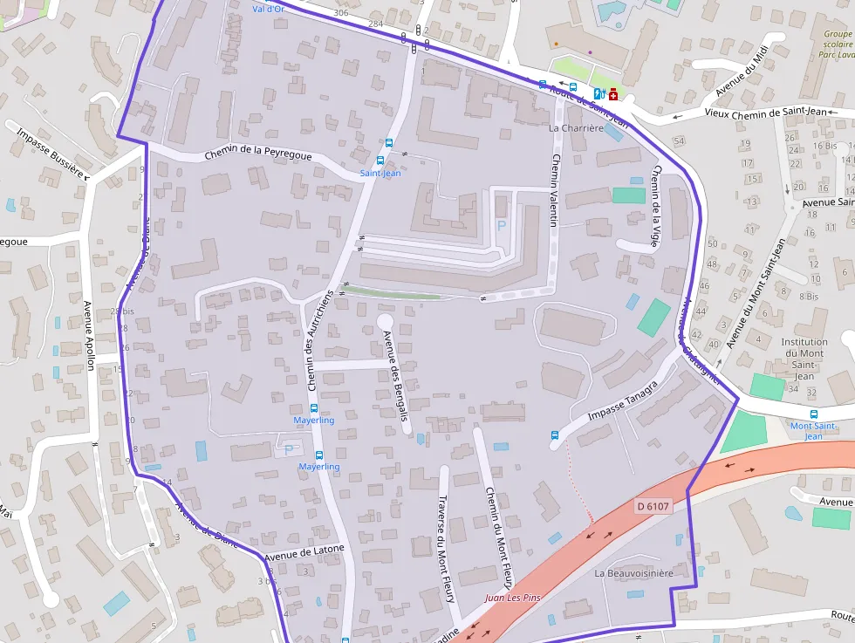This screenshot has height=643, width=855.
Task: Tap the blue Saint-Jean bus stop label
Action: click(380, 174)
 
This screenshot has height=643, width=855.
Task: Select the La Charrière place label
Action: click(576, 127)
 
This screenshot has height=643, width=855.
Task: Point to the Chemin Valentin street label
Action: click(553, 191)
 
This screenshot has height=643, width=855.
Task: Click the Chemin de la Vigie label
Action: click(657, 207)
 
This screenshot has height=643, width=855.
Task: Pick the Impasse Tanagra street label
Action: click(622, 403)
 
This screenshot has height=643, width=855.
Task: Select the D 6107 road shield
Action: click(652, 506)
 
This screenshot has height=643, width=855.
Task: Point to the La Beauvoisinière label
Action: click(633, 573)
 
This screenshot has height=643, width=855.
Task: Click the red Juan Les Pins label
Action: click(514, 599)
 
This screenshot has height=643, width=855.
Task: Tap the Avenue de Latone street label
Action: click(304, 551)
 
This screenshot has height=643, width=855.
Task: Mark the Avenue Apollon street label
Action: click(89, 336)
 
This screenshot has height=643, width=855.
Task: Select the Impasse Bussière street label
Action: click(50, 152)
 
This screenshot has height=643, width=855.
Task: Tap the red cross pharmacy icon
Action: click(613, 93)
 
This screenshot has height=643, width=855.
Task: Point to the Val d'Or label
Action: click(268, 9)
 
